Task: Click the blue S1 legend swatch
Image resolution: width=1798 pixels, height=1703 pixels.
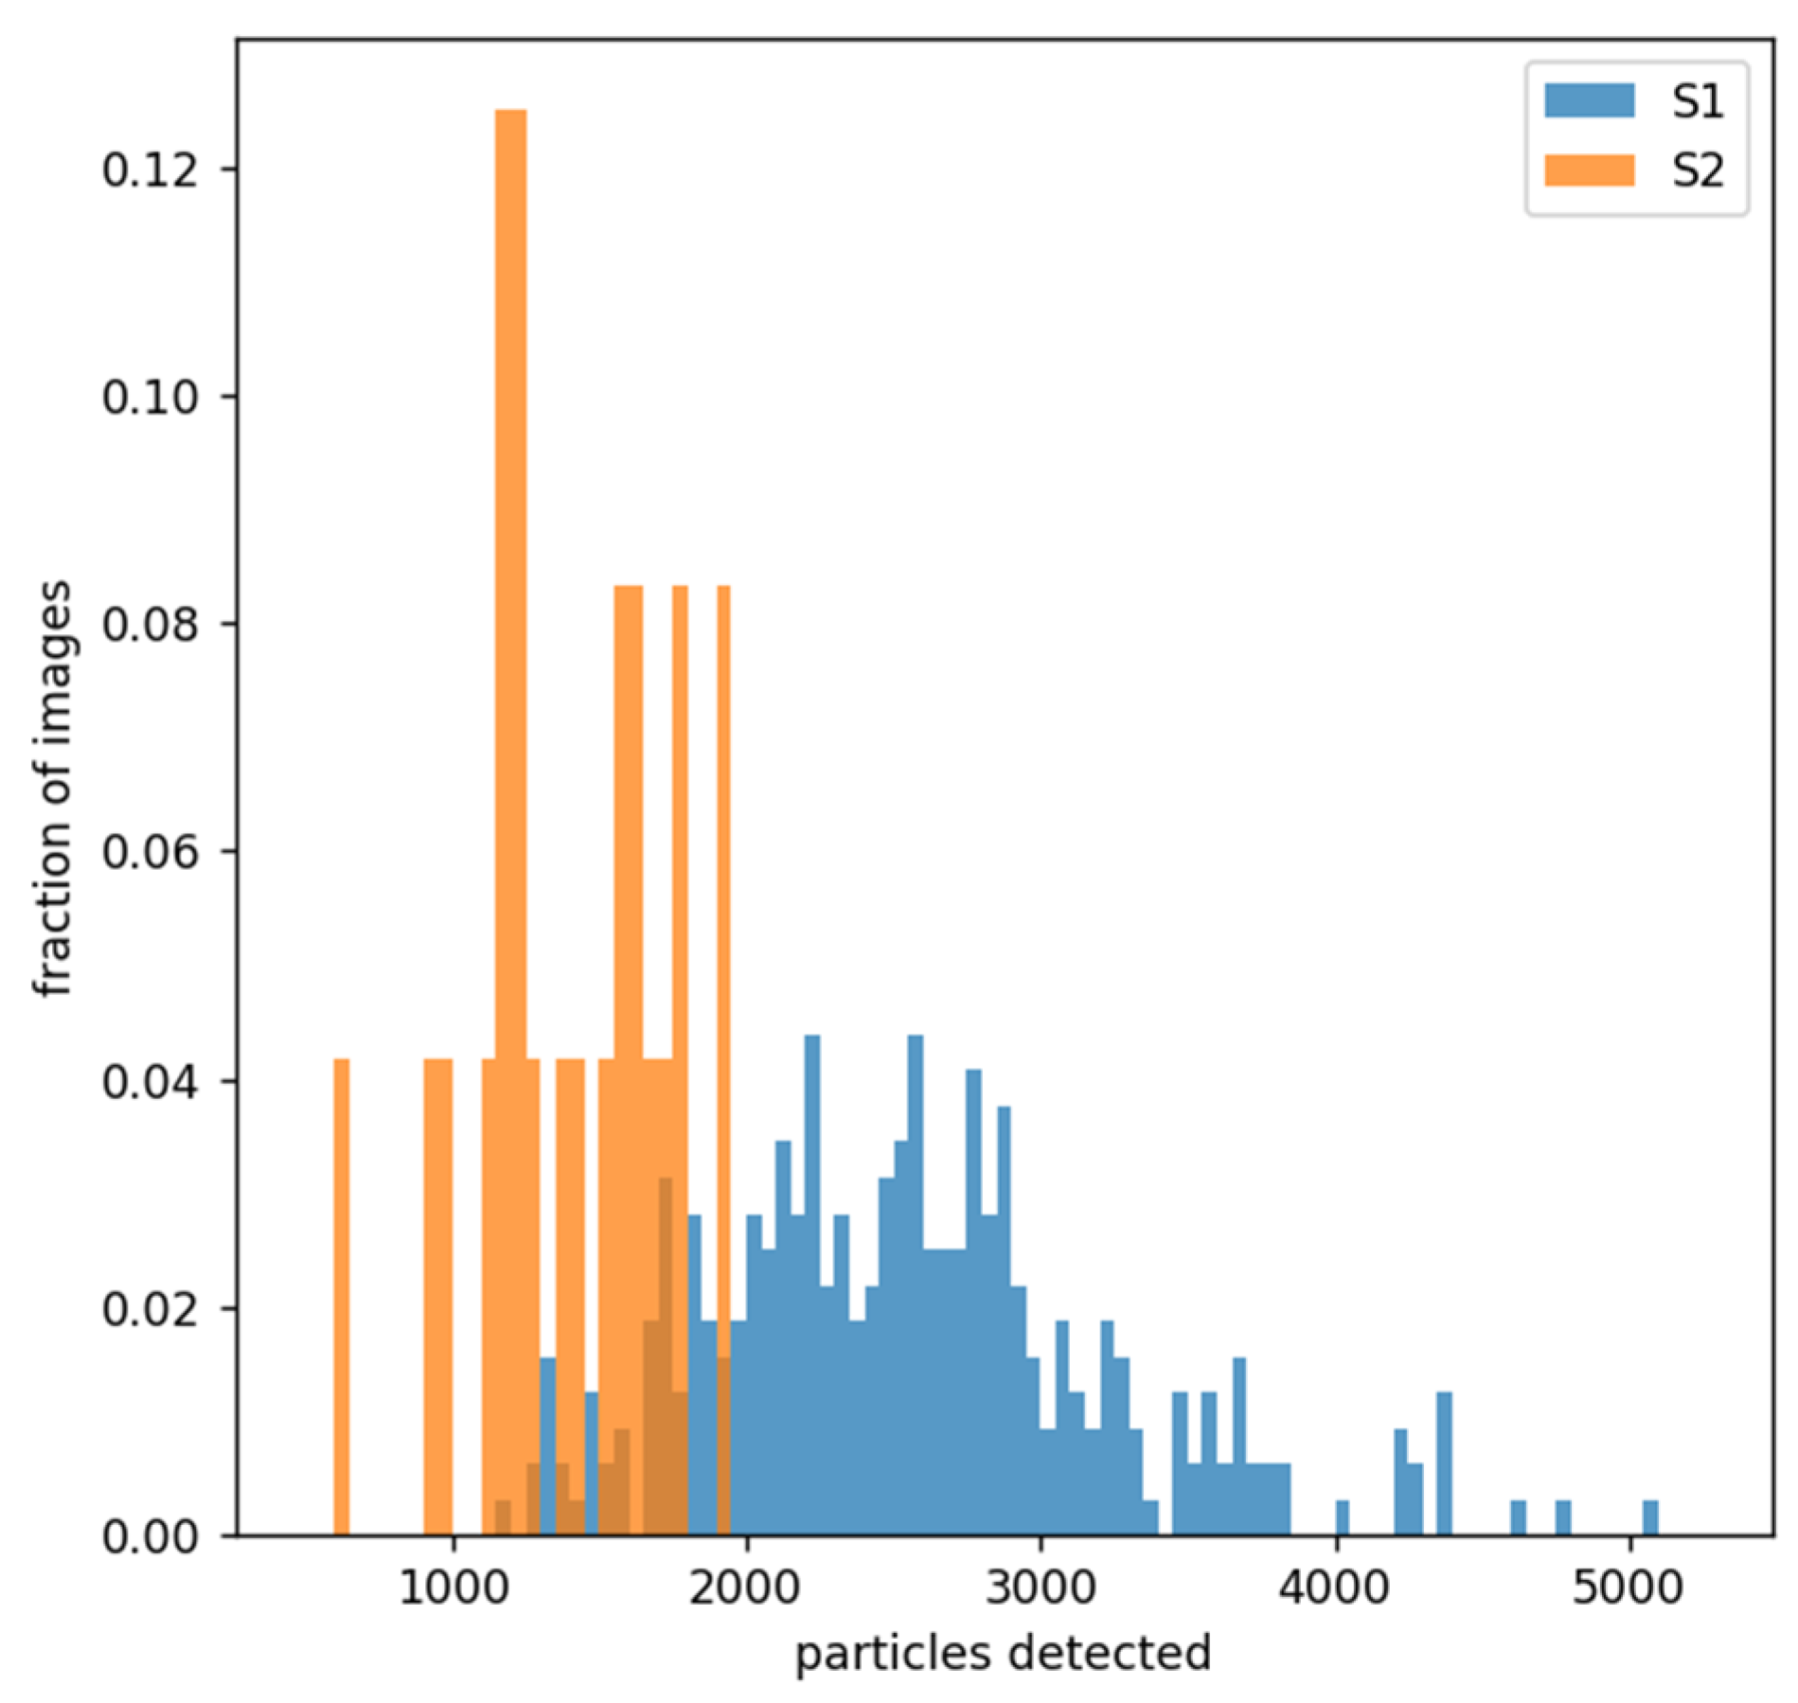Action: click(x=1590, y=100)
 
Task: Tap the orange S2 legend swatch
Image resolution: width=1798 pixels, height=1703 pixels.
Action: click(x=1590, y=170)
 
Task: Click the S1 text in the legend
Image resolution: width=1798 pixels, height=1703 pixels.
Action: click(x=1697, y=100)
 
